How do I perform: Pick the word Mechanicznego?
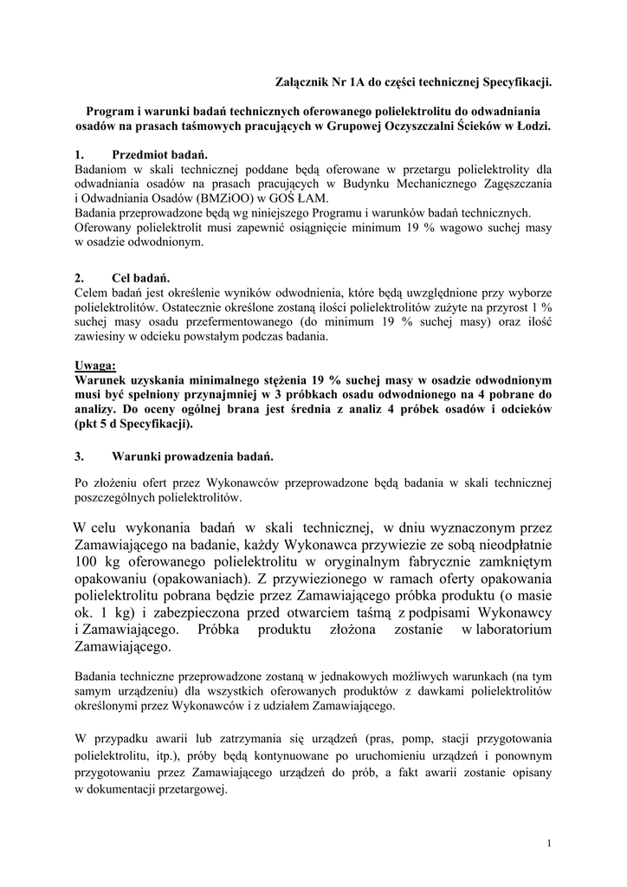pos(415,183)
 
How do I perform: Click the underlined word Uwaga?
pos(94,366)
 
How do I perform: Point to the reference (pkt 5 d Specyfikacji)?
pos(133,424)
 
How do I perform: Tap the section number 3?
pos(79,455)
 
